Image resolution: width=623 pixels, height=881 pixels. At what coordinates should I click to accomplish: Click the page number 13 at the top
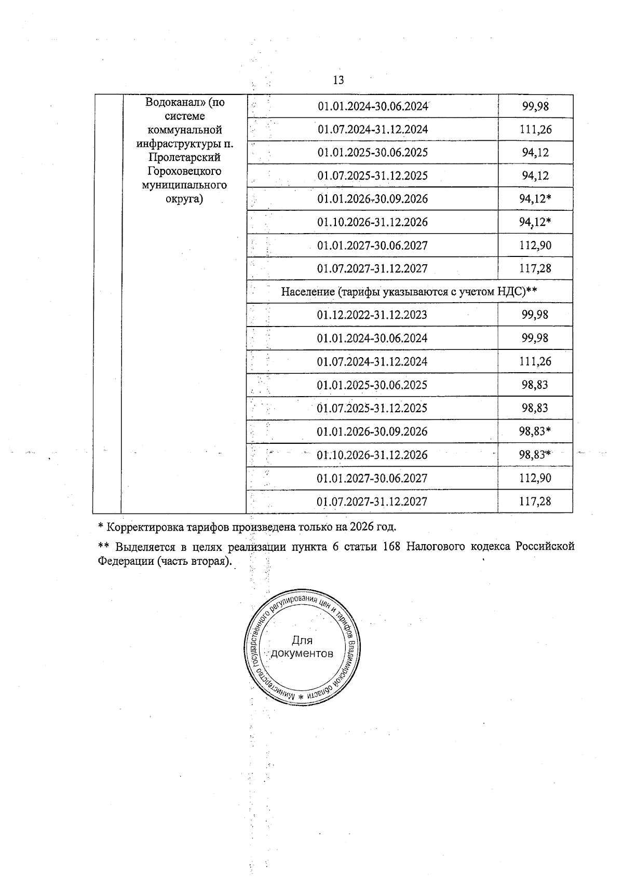click(338, 80)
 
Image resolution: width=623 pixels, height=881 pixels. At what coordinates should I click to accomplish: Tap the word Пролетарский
click(184, 157)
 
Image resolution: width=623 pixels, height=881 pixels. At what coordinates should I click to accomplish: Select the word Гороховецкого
click(184, 171)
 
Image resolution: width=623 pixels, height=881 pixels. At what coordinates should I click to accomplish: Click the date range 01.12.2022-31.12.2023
click(372, 315)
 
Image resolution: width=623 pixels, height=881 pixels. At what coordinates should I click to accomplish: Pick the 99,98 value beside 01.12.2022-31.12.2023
click(535, 315)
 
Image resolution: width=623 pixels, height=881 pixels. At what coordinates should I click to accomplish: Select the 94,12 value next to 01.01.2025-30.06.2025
click(535, 153)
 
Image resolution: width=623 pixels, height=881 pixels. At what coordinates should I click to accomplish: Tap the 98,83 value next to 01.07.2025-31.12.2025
click(535, 408)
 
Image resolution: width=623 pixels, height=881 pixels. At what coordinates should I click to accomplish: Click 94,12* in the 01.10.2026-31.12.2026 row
click(535, 222)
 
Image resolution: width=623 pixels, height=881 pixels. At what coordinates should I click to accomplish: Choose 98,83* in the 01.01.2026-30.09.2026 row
click(535, 431)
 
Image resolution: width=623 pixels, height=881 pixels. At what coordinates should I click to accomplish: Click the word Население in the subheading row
click(308, 292)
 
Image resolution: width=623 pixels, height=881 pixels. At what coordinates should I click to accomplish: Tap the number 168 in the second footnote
click(392, 547)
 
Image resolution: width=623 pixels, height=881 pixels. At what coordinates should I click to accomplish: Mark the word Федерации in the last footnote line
click(125, 561)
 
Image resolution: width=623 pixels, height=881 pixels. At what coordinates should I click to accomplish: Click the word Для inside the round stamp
click(302, 641)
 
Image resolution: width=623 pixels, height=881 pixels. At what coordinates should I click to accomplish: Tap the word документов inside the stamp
click(302, 653)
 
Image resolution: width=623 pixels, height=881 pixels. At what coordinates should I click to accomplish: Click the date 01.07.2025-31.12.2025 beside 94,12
click(372, 176)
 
